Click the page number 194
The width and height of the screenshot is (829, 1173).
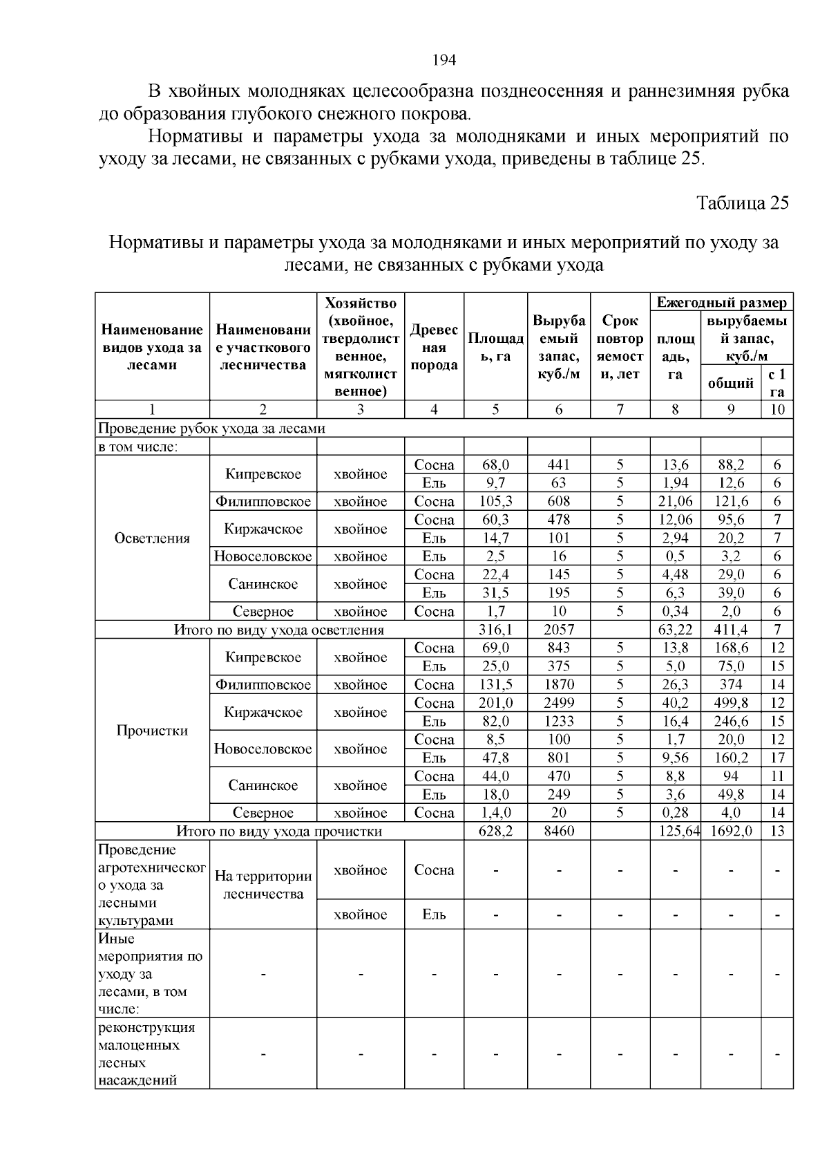click(x=444, y=60)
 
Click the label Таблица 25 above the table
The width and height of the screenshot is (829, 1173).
click(x=742, y=203)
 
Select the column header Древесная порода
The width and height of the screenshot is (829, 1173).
click(x=434, y=348)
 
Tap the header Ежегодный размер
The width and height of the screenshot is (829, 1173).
click(x=721, y=303)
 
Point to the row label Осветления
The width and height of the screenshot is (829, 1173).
click(x=152, y=538)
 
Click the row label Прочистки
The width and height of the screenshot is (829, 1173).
click(x=152, y=731)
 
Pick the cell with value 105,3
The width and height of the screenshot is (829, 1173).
click(x=495, y=501)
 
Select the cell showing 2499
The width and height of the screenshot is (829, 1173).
click(x=558, y=703)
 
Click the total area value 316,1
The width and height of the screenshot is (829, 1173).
click(x=495, y=630)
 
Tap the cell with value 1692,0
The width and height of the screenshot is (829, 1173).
click(x=731, y=831)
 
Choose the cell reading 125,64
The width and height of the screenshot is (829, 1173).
click(x=675, y=831)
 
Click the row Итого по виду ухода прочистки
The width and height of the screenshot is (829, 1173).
click(x=279, y=831)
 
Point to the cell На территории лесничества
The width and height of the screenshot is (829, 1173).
click(x=263, y=885)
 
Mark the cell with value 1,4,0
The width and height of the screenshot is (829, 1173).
click(x=495, y=813)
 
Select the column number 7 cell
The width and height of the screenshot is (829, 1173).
click(x=620, y=409)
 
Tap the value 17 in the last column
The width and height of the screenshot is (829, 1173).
click(x=777, y=758)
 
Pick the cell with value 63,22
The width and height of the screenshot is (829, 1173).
click(x=675, y=630)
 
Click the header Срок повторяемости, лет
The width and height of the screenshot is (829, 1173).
click(x=620, y=348)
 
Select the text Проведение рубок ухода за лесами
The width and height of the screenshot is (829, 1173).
click(x=211, y=428)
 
